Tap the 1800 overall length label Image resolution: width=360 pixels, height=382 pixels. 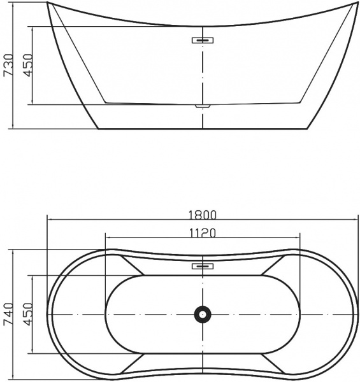pos(203,214)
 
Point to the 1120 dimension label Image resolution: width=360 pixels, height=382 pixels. pos(203,232)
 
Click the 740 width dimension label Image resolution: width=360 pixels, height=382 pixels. pos(8,315)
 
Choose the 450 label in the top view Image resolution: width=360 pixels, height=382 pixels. pos(27,315)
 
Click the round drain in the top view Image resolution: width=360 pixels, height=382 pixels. pos(203,314)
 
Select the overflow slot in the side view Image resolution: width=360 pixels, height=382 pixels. pos(203,40)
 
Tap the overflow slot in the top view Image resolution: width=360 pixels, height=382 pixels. pos(203,265)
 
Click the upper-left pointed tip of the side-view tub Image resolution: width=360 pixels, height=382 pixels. pos(48,4)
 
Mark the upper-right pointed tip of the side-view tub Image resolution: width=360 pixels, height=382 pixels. pos(356,4)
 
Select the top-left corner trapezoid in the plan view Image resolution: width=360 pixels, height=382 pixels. pos(132,265)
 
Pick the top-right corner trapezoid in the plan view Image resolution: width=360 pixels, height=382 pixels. pos(273,265)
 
